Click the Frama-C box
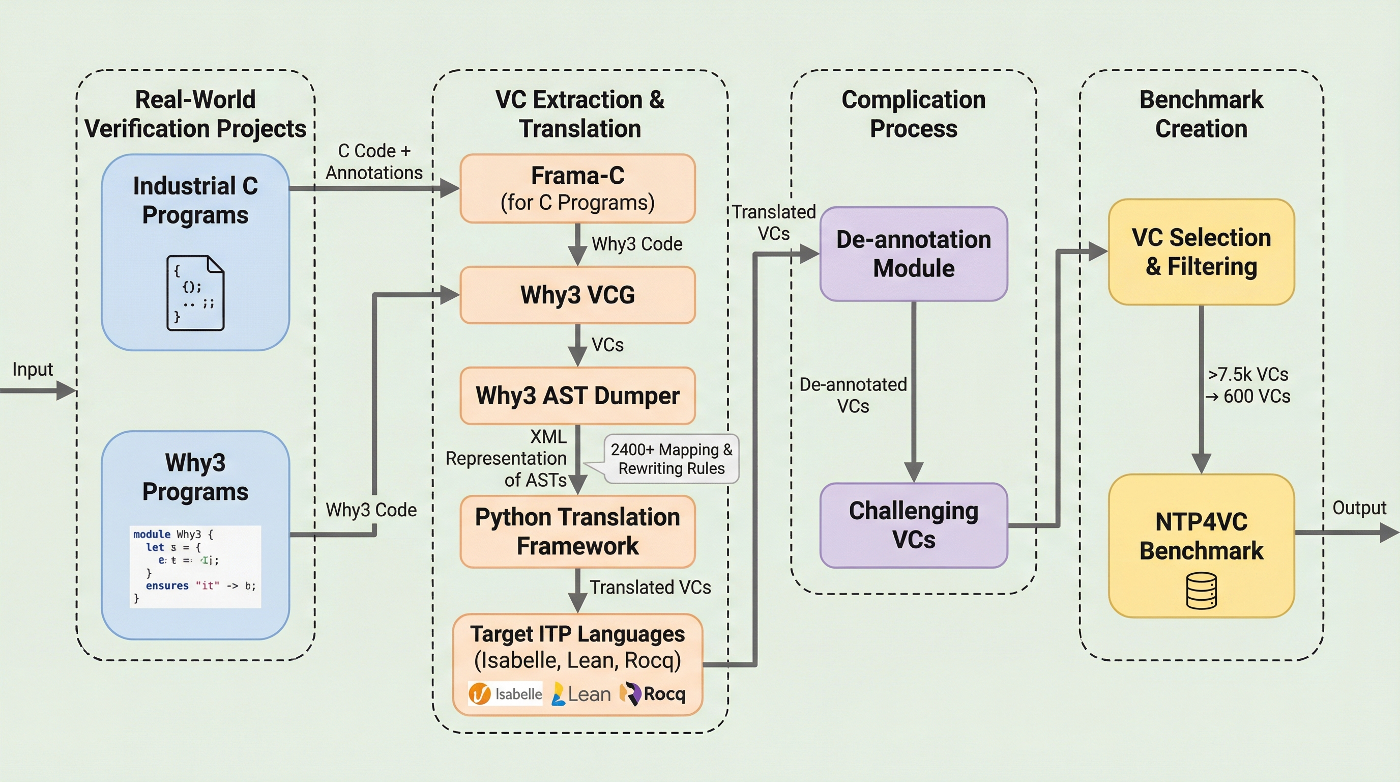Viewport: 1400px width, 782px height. pos(577,188)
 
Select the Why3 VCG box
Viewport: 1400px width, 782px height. pos(577,295)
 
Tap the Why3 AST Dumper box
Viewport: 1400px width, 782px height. pos(577,396)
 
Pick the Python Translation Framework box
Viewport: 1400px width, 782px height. pos(577,532)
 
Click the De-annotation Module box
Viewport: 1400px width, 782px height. pos(914,254)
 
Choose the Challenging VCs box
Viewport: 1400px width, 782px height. pos(914,525)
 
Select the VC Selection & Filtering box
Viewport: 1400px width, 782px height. pos(1201,252)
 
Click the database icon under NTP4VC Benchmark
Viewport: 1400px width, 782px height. pos(1201,591)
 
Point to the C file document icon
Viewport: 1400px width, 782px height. pos(195,293)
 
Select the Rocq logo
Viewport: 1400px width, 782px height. pos(653,694)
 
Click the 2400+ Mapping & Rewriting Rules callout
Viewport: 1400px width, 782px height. pos(671,459)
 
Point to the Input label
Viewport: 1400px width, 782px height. pos(33,369)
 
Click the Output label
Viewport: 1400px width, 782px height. pos(1359,508)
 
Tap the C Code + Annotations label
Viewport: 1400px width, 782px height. pos(374,161)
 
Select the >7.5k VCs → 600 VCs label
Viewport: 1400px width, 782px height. pos(1248,385)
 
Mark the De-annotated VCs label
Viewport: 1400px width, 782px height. pos(853,396)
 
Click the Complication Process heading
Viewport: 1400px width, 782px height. pos(914,114)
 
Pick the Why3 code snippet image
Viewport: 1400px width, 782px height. pos(195,566)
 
